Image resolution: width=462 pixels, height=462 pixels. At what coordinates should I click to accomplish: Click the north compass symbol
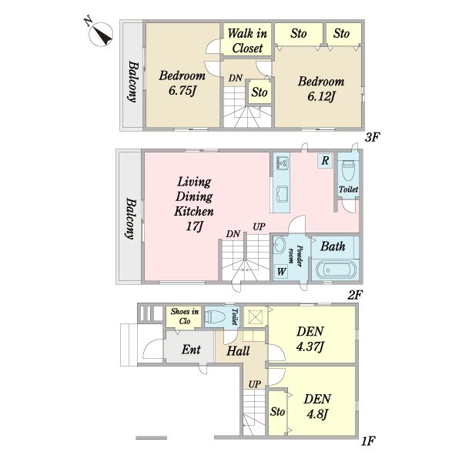[100, 34]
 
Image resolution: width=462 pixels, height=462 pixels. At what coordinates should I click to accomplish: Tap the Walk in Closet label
[247, 41]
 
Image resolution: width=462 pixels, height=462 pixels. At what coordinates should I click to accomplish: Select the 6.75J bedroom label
[182, 83]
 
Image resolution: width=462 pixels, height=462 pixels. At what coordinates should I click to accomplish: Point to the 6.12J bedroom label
[321, 89]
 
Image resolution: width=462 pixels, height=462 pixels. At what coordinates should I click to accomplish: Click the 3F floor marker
[373, 137]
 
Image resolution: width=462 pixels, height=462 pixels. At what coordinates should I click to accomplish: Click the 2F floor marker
[355, 295]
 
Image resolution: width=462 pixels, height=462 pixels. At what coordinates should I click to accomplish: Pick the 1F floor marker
[368, 441]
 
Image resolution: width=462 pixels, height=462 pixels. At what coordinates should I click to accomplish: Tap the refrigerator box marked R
[325, 161]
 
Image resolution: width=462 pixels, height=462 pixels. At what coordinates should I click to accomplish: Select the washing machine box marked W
[281, 271]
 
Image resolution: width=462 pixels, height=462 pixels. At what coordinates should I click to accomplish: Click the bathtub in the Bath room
[336, 269]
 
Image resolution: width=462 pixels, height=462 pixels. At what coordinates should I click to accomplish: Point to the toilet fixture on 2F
[348, 171]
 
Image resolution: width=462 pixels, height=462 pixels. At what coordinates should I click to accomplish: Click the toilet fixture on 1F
[215, 317]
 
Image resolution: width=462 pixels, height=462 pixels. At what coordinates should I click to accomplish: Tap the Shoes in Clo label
[185, 316]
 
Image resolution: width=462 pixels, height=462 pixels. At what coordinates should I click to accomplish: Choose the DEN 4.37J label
[310, 339]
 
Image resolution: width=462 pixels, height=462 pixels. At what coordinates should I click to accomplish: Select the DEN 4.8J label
[317, 407]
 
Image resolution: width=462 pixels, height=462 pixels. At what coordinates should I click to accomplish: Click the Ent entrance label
[191, 350]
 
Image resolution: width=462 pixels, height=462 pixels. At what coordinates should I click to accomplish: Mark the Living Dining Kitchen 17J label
[194, 204]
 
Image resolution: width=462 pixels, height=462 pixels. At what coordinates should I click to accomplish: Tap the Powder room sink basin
[277, 245]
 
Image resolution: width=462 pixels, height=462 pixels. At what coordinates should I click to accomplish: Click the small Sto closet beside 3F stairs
[259, 92]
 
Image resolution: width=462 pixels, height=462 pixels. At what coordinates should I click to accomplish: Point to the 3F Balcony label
[132, 82]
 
